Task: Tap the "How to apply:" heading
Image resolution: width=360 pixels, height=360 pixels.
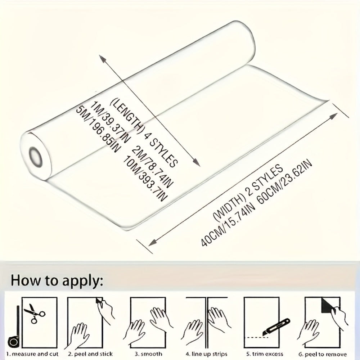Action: point(57,280)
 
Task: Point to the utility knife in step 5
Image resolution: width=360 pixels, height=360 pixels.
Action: point(276,327)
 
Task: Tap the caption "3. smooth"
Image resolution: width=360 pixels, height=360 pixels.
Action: point(148,354)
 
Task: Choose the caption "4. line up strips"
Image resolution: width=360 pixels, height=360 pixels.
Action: point(206,354)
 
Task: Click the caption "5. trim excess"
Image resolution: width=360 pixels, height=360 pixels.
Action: point(265,354)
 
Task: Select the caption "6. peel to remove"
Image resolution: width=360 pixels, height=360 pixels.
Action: point(323,354)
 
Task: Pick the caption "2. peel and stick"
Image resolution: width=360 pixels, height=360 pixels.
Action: point(90,354)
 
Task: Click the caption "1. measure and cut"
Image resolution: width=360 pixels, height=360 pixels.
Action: point(32,354)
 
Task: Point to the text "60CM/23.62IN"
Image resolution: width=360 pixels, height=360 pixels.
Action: point(285,181)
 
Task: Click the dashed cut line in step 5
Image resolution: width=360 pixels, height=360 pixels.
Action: point(255,338)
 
